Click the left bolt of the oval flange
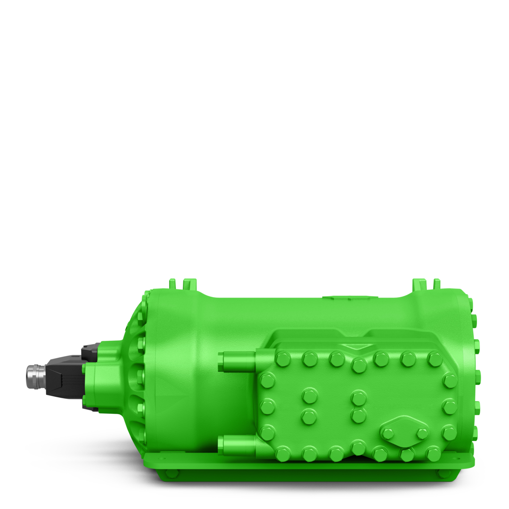[387, 434]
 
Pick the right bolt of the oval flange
[422, 433]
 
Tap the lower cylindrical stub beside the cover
[238, 445]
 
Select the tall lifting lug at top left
[189, 284]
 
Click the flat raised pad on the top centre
[350, 298]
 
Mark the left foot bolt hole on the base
[172, 473]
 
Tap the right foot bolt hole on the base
[443, 473]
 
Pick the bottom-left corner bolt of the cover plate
[283, 454]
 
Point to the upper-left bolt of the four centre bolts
[310, 395]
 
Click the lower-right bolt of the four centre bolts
[359, 416]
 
